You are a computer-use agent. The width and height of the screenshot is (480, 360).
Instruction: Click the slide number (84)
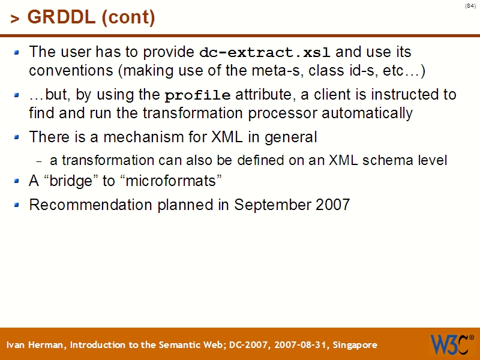click(470, 6)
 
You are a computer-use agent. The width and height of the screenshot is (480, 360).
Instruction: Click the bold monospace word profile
click(197, 95)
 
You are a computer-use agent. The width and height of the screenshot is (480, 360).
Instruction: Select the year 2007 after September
click(332, 205)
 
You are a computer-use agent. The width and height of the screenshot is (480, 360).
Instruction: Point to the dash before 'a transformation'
click(40, 161)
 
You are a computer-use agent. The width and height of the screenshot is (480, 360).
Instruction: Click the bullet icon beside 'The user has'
click(17, 52)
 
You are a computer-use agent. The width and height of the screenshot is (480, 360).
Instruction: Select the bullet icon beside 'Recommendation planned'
click(17, 205)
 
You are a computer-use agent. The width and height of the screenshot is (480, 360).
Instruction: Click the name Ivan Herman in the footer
click(37, 345)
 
